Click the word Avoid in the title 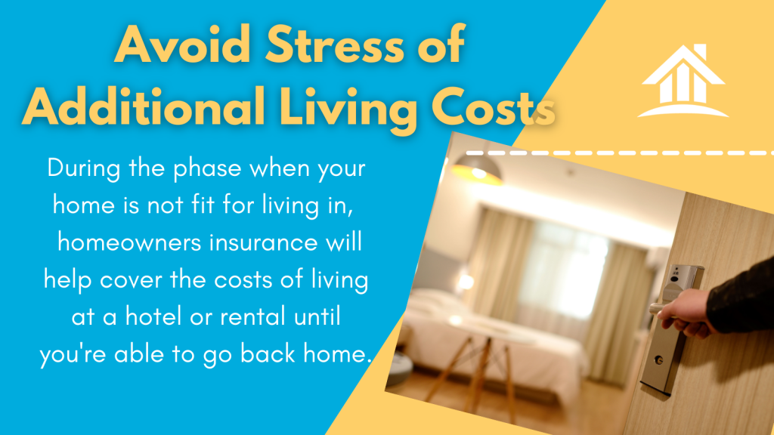coord(183,45)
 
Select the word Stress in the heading coord(336,45)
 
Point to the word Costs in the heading coord(493,107)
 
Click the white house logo coord(683,81)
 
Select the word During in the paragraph coord(84,168)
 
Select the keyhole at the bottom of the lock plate coord(658,360)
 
